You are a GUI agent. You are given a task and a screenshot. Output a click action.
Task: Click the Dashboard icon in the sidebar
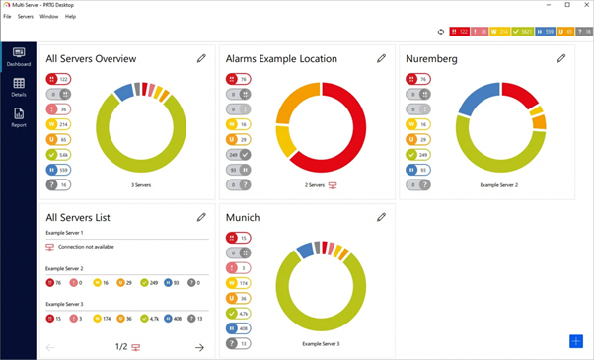click(18, 56)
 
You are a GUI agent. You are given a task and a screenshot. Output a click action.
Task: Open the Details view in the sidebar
click(18, 88)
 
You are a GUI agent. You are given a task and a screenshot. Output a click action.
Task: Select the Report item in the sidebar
click(18, 117)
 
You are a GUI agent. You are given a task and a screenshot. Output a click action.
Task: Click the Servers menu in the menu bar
click(25, 17)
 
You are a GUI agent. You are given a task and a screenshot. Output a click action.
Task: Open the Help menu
click(70, 17)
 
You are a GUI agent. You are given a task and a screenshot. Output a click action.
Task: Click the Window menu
click(48, 17)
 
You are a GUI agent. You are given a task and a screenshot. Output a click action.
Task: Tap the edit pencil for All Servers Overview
click(201, 59)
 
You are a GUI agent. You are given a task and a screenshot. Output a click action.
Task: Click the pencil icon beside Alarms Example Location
click(382, 59)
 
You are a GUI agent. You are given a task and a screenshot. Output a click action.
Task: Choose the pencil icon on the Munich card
click(382, 217)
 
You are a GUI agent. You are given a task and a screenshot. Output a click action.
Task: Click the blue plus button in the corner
click(576, 341)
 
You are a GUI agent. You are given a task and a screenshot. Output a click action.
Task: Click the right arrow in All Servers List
click(199, 347)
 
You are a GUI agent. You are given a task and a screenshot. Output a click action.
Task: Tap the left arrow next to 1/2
click(50, 347)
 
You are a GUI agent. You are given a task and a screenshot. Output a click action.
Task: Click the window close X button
click(584, 5)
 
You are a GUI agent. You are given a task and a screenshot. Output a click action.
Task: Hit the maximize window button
click(567, 5)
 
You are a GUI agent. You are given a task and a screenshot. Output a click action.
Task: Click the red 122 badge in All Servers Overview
click(58, 79)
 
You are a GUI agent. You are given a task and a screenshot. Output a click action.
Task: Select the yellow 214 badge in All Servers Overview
click(58, 124)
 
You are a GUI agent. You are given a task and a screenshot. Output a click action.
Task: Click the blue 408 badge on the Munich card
click(238, 328)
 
